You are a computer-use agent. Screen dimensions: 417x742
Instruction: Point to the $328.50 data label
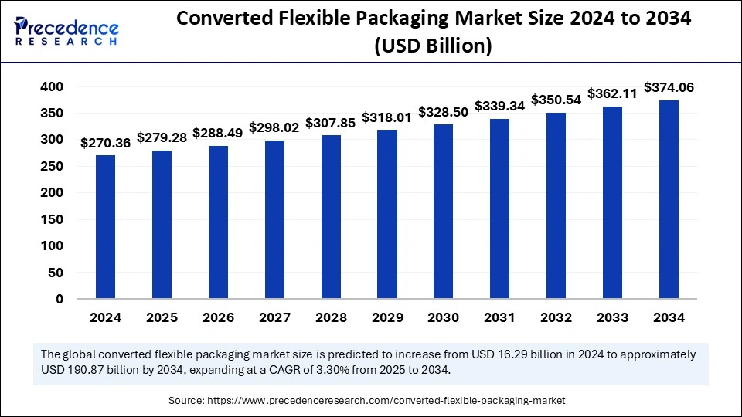pyautogui.click(x=444, y=112)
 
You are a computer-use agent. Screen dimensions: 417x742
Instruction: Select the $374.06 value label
pyautogui.click(x=669, y=88)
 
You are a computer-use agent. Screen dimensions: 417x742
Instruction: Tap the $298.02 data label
pyautogui.click(x=274, y=128)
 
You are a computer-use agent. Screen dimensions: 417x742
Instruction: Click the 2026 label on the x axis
pyautogui.click(x=218, y=317)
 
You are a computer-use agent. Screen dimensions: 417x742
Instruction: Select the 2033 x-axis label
pyautogui.click(x=613, y=317)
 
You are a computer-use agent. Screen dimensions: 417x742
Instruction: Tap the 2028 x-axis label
pyautogui.click(x=331, y=317)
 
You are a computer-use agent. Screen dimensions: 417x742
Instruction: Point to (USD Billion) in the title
pyautogui.click(x=433, y=46)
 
